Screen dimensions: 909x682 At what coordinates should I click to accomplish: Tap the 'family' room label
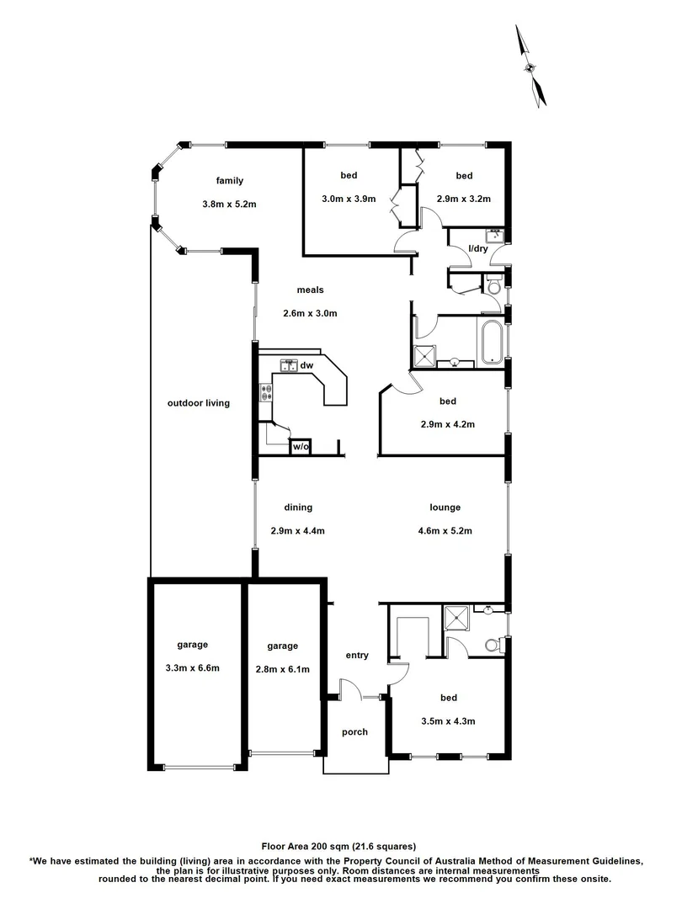tap(229, 180)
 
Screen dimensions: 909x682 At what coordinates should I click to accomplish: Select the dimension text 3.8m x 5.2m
tap(229, 204)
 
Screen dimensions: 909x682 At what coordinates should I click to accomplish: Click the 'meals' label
tap(310, 290)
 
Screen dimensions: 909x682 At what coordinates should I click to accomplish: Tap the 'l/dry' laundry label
tap(478, 248)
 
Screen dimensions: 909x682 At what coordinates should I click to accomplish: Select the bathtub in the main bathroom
tap(490, 343)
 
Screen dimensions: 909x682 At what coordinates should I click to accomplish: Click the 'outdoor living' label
tap(199, 403)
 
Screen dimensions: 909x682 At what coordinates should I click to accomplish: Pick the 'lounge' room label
tap(445, 508)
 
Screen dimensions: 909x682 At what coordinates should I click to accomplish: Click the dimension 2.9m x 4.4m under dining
tap(298, 531)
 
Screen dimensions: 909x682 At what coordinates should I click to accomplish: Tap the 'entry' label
tap(357, 656)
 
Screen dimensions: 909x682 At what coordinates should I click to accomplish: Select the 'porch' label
tap(354, 732)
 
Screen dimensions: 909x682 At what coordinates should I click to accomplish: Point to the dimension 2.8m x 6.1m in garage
tap(283, 670)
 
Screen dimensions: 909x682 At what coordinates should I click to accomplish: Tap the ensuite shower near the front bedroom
tap(457, 617)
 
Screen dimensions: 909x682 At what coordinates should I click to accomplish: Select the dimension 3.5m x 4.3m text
tap(449, 721)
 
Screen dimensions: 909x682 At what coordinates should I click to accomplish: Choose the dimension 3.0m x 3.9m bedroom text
tap(349, 199)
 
